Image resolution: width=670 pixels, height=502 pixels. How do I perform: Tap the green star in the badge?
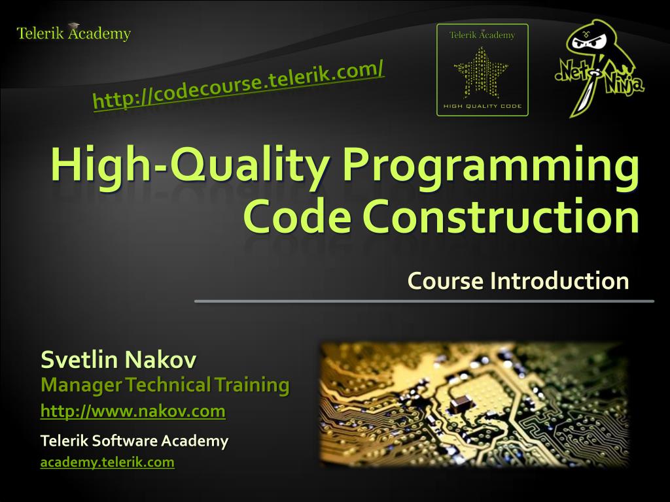pos(482,72)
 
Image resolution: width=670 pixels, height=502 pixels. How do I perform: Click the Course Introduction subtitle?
pos(518,280)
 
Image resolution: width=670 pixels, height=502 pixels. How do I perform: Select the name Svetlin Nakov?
pos(118,360)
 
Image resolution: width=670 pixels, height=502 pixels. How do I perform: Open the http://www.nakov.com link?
pos(133,411)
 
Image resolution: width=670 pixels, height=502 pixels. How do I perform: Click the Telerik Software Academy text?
pos(134,441)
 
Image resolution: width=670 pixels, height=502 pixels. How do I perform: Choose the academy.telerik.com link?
pos(107,463)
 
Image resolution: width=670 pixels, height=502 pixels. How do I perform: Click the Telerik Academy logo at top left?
pos(73,33)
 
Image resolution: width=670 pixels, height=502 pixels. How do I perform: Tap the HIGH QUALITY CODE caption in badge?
pos(482,107)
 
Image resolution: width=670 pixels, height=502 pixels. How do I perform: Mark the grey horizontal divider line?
pos(424,301)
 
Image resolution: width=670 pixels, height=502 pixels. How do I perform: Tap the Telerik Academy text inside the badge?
pos(482,35)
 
